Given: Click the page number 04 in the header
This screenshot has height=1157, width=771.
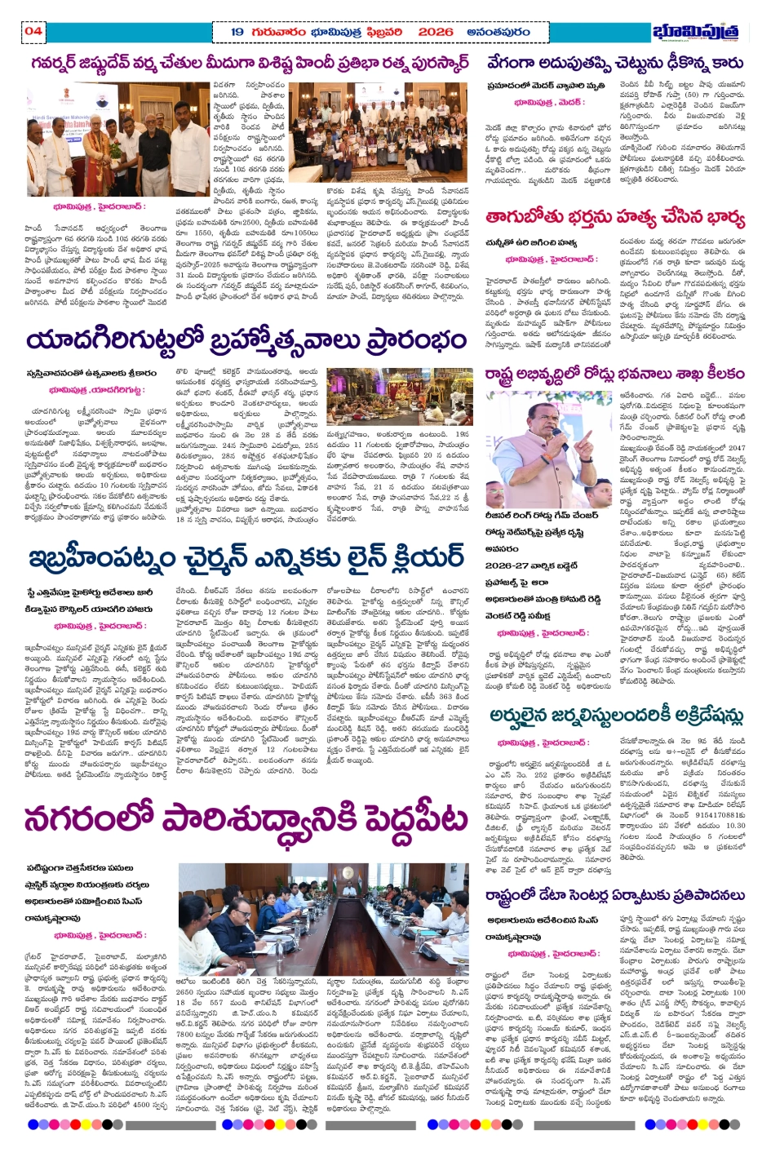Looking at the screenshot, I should [x=33, y=31].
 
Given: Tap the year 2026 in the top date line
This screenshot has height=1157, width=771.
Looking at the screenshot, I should [x=435, y=32].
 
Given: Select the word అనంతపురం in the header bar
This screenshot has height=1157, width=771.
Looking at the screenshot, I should [x=498, y=32].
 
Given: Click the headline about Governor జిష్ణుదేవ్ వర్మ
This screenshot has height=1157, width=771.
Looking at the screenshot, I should [x=250, y=63].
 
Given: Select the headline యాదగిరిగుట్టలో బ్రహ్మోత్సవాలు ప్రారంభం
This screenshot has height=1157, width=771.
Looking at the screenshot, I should [x=246, y=339].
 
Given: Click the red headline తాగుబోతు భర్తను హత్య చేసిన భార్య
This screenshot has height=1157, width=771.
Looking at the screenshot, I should [x=615, y=218].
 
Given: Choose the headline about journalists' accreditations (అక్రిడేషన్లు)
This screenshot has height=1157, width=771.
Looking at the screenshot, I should [x=616, y=716].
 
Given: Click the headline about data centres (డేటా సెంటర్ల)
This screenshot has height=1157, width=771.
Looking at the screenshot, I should [x=614, y=895].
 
